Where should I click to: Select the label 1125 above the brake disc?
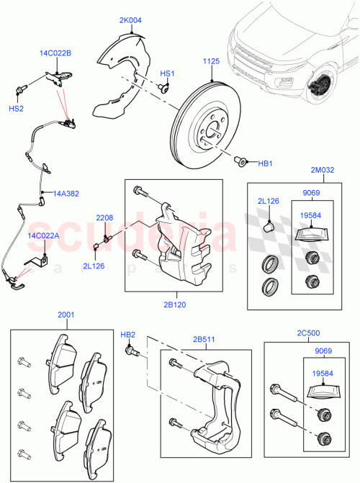tap(210, 61)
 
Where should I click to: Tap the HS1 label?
tap(167, 73)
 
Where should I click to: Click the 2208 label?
tap(105, 217)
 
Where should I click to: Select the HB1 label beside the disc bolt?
tap(266, 163)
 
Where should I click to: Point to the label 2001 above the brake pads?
tap(66, 315)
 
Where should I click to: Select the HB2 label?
tap(127, 335)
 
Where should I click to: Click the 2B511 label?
tap(204, 338)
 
